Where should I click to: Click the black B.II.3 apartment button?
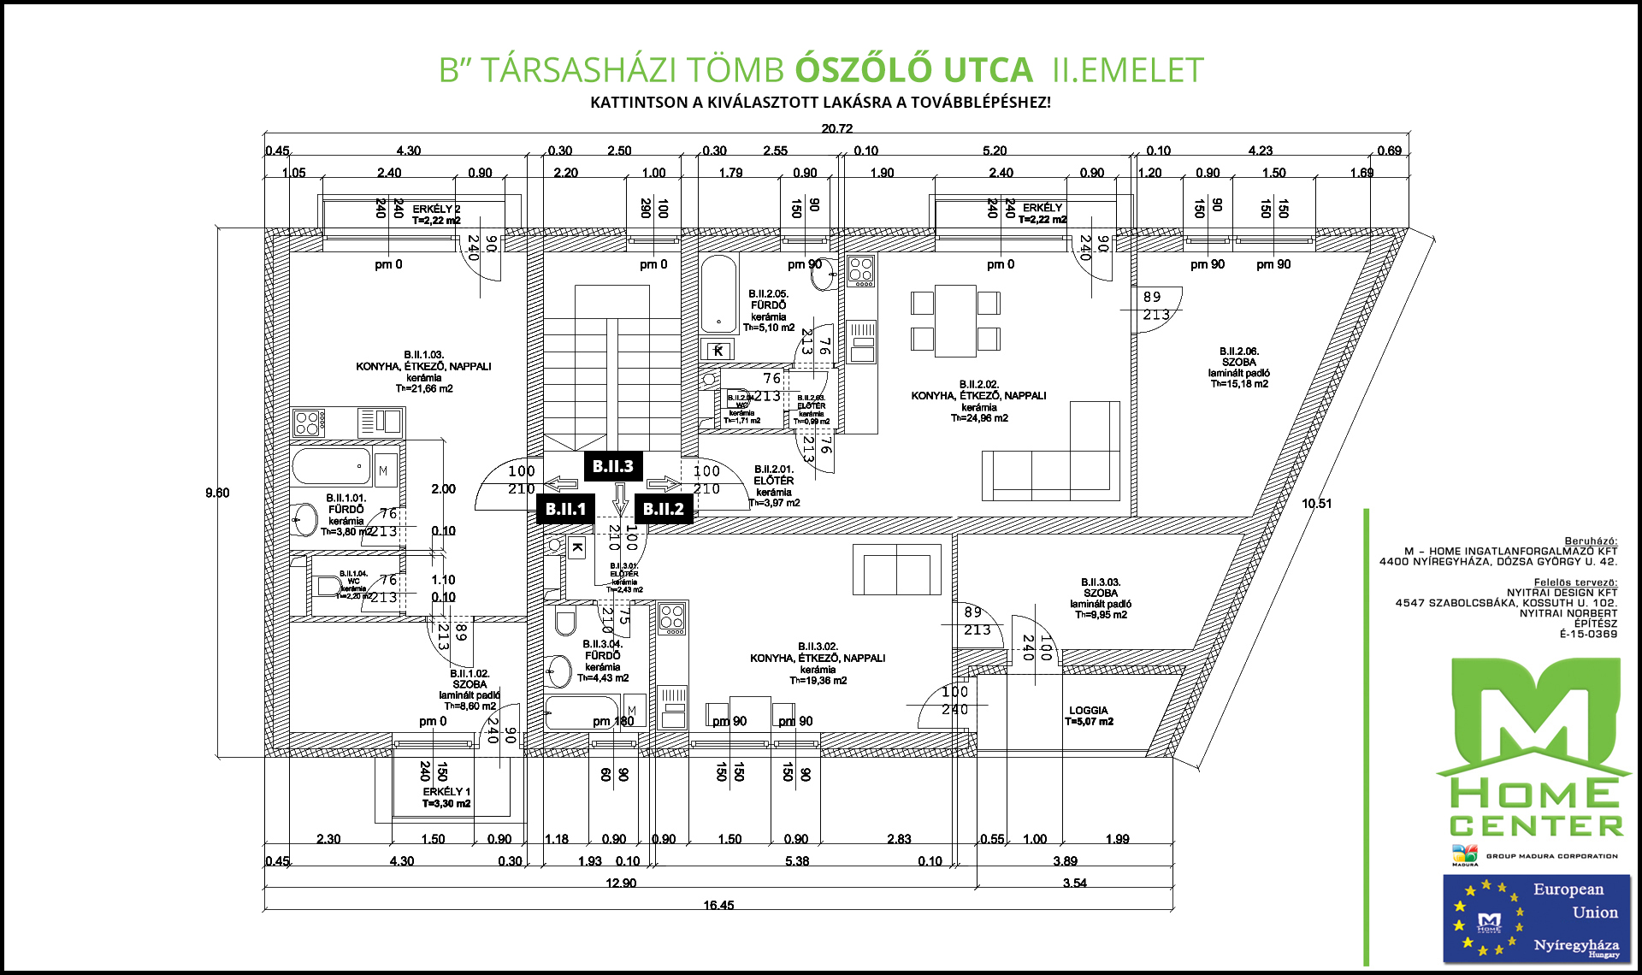[x=612, y=466]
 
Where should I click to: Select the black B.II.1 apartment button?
[x=565, y=509]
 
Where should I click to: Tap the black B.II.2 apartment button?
[x=663, y=509]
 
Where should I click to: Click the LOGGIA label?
[x=1088, y=711]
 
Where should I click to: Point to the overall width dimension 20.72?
[x=836, y=129]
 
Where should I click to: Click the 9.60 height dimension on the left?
[x=217, y=493]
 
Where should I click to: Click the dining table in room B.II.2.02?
[x=955, y=321]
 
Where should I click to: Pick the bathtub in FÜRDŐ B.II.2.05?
[x=718, y=293]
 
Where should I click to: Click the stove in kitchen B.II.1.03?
[x=307, y=422]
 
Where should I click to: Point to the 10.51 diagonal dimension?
[x=1316, y=504]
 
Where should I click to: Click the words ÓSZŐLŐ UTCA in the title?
[x=913, y=70]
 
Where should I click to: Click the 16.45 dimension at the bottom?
[x=718, y=905]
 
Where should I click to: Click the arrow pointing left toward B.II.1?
[x=560, y=484]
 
